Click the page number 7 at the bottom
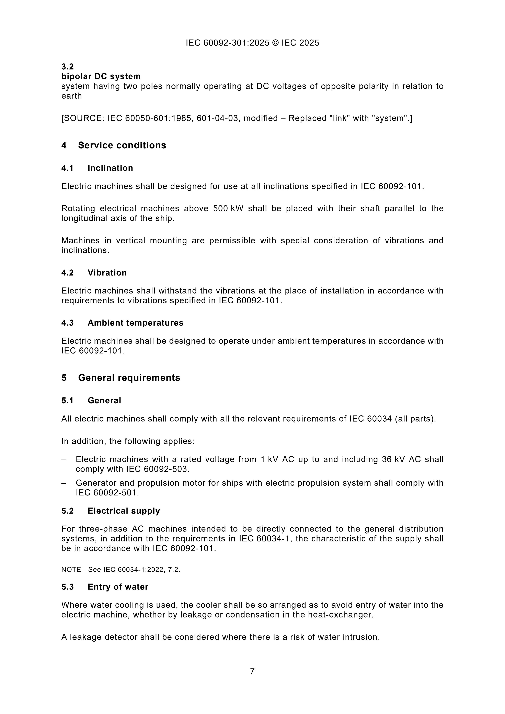click(252, 671)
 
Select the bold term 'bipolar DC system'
click(101, 76)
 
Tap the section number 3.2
click(68, 67)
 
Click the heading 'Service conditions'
click(122, 145)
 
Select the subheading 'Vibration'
click(107, 273)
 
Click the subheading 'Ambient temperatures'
click(135, 323)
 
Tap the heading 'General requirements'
click(129, 377)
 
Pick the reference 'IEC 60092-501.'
click(107, 493)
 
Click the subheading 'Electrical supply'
click(124, 511)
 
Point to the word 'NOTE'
click(71, 570)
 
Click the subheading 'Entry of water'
click(118, 587)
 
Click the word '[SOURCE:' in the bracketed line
click(83, 118)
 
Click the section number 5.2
click(68, 511)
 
